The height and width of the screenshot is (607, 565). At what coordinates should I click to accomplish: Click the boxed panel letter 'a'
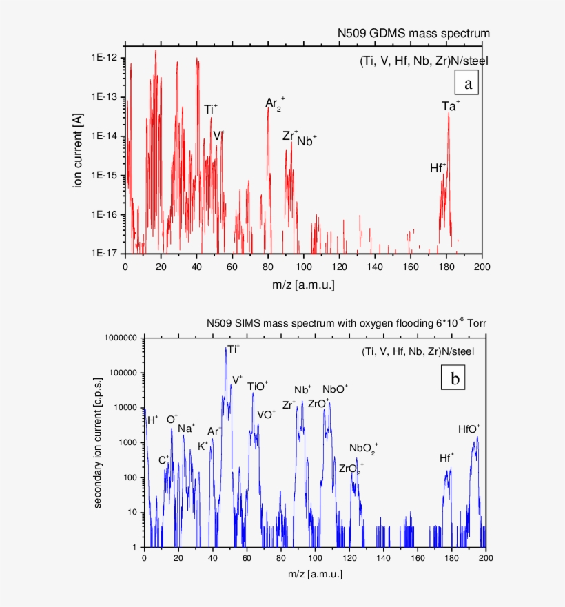coord(469,84)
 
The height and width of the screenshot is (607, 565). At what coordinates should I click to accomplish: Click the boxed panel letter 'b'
coord(455,378)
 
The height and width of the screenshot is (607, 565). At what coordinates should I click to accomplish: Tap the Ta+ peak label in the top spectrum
coord(451,106)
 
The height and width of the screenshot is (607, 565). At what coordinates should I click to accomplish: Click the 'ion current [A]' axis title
coord(78,152)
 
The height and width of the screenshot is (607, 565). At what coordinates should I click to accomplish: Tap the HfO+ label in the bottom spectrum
coord(469,429)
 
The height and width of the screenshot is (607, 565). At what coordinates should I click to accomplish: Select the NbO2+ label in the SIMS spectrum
coord(363,449)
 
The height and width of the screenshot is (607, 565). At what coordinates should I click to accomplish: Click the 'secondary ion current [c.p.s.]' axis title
coord(99,443)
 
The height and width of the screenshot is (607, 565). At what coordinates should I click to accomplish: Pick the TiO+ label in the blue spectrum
coord(258,386)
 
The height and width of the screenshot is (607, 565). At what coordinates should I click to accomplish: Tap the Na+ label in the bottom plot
coord(186,429)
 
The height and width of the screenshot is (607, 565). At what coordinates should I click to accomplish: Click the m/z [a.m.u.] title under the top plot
coord(303,282)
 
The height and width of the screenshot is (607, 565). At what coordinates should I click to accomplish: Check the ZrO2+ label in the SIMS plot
coord(351,469)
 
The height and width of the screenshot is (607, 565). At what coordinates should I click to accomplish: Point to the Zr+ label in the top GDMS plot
coord(290,135)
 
